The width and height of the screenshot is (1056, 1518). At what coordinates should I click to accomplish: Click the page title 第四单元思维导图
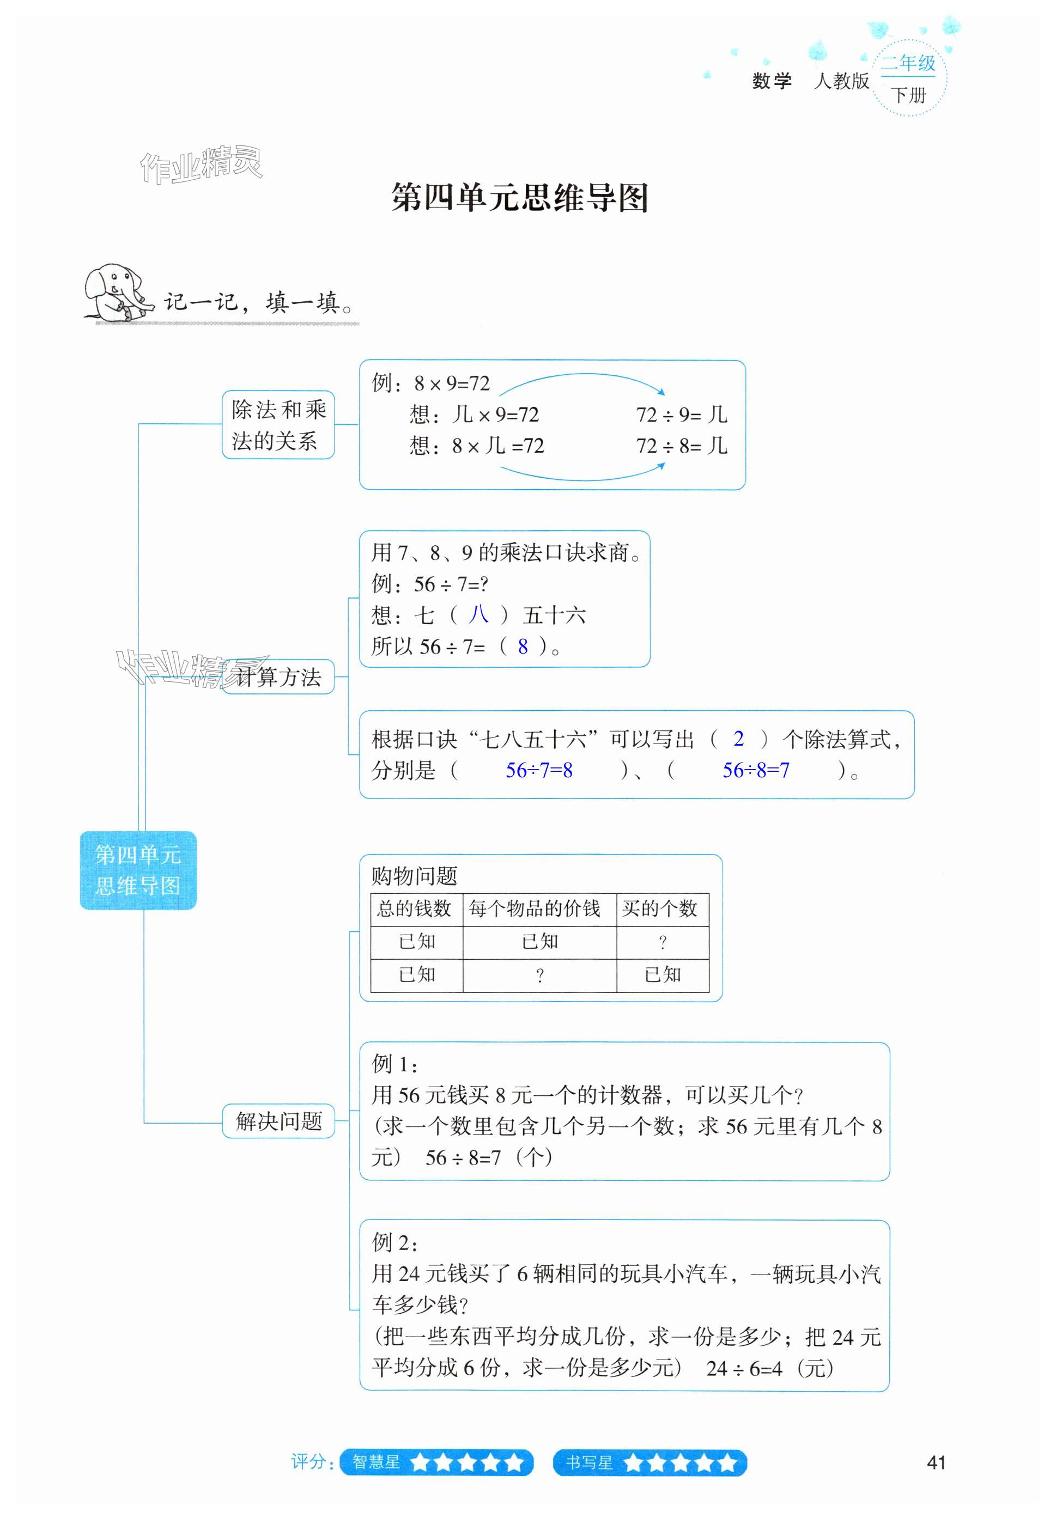[x=520, y=197]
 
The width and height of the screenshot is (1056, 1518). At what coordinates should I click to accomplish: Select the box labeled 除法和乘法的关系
[x=278, y=424]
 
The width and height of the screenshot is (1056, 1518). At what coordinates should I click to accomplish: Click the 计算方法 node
[x=278, y=676]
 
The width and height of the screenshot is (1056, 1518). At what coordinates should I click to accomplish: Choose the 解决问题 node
[x=278, y=1120]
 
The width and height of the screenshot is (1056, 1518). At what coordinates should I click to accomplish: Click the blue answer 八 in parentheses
[x=478, y=615]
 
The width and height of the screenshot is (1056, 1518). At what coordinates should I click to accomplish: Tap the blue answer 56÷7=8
[x=539, y=770]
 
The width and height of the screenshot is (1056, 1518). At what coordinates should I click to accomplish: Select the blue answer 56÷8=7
[x=755, y=770]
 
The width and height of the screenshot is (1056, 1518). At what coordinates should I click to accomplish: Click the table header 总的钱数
[x=415, y=909]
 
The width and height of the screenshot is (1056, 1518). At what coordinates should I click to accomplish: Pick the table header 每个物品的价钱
[x=535, y=909]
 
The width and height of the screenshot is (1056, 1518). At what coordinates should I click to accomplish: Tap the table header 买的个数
[x=660, y=909]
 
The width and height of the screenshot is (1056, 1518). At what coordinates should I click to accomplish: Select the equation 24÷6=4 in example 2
[x=744, y=1368]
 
